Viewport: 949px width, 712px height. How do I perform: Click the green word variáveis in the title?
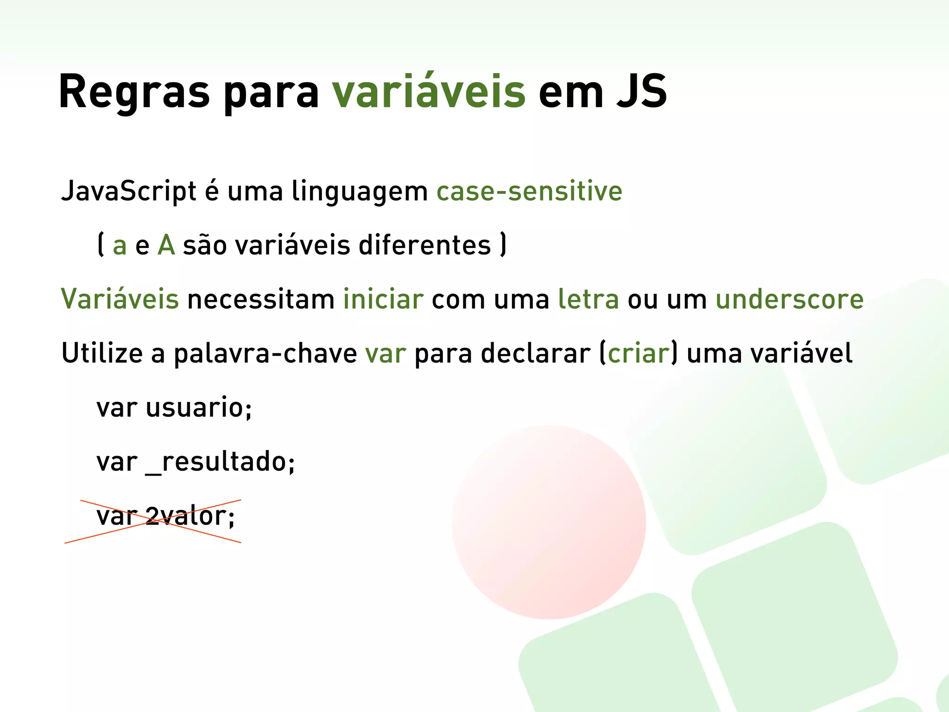pyautogui.click(x=429, y=92)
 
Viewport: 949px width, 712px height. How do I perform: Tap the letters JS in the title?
pyautogui.click(x=641, y=92)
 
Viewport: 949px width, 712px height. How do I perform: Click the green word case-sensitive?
pyautogui.click(x=529, y=191)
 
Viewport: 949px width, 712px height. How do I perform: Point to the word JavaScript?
pyautogui.click(x=129, y=192)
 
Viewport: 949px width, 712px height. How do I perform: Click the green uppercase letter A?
pyautogui.click(x=166, y=245)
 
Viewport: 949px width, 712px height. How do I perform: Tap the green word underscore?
pyautogui.click(x=790, y=299)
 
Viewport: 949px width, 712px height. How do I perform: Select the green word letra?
pyautogui.click(x=588, y=299)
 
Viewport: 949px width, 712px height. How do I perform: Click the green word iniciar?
pyautogui.click(x=383, y=299)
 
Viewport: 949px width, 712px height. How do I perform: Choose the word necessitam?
pyautogui.click(x=260, y=299)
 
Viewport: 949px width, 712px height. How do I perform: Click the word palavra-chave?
pyautogui.click(x=265, y=354)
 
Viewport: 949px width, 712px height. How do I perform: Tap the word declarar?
pyautogui.click(x=536, y=354)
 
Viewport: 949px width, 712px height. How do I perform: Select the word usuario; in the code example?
pyautogui.click(x=199, y=408)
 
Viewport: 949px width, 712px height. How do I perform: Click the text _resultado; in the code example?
pyautogui.click(x=220, y=462)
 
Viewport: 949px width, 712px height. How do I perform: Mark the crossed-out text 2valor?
pyautogui.click(x=190, y=516)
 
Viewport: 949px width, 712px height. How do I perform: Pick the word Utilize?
pyautogui.click(x=102, y=354)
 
